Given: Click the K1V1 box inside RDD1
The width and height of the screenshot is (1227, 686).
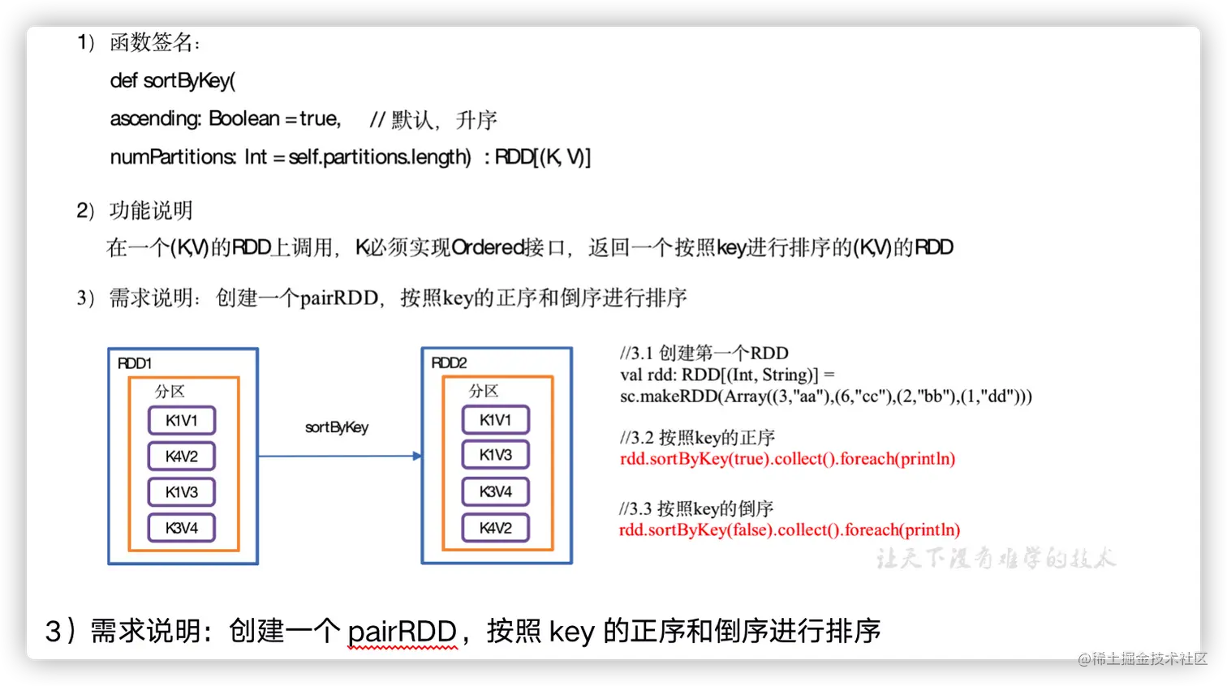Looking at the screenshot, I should click(x=182, y=420).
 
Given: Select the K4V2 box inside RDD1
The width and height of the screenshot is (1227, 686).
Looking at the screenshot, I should click(x=182, y=457).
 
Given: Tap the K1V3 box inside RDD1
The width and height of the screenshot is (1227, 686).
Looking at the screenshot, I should click(x=182, y=492).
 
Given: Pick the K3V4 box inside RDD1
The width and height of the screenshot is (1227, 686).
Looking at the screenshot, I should click(x=182, y=528).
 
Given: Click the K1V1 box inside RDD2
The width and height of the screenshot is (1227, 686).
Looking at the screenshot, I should click(x=496, y=420).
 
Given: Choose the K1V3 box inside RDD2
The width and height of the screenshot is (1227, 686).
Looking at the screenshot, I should click(x=496, y=455).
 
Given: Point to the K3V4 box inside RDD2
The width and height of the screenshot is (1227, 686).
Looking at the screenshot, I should click(x=496, y=491).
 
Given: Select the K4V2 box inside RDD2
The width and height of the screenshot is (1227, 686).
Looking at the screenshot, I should click(x=496, y=528).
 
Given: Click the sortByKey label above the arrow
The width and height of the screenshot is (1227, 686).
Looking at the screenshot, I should click(x=337, y=427).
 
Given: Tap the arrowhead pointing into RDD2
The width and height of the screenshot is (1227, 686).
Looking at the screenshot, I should click(x=417, y=457).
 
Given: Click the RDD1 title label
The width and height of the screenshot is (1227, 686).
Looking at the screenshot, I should click(x=135, y=363).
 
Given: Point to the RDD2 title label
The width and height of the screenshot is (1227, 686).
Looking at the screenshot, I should click(x=449, y=362).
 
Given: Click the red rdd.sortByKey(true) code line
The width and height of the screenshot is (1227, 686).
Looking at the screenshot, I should click(x=787, y=459).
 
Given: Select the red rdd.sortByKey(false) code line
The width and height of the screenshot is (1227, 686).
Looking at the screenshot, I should click(x=790, y=530).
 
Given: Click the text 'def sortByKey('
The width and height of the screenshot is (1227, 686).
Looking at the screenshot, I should click(x=173, y=81).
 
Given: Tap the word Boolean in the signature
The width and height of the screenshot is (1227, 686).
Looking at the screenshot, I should click(x=244, y=118).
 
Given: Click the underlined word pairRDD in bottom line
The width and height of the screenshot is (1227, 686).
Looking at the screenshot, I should click(x=403, y=631).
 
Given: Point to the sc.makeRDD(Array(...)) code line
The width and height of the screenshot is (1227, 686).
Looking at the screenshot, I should click(x=826, y=397).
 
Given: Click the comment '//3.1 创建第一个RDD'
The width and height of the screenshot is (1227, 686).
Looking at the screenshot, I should click(x=704, y=353).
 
